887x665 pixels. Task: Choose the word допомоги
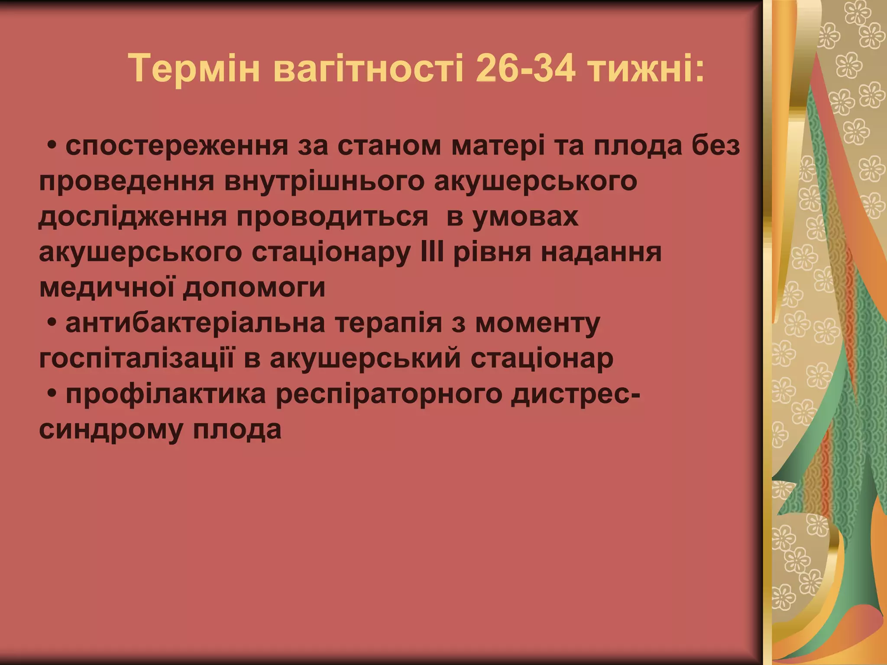tap(254, 288)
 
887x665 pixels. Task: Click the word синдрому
tap(110, 430)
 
